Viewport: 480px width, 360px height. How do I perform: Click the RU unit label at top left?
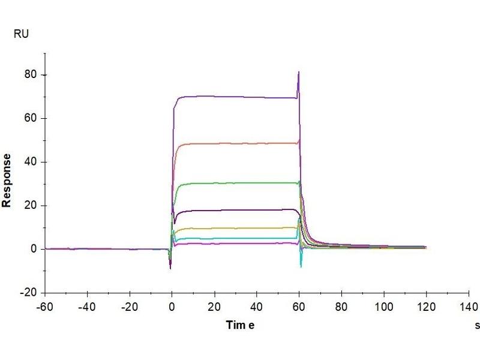(21, 35)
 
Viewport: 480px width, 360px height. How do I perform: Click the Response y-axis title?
(7, 180)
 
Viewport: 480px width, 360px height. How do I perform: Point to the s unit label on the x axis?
(477, 325)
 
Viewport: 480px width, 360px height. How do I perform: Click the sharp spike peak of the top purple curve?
(299, 72)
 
